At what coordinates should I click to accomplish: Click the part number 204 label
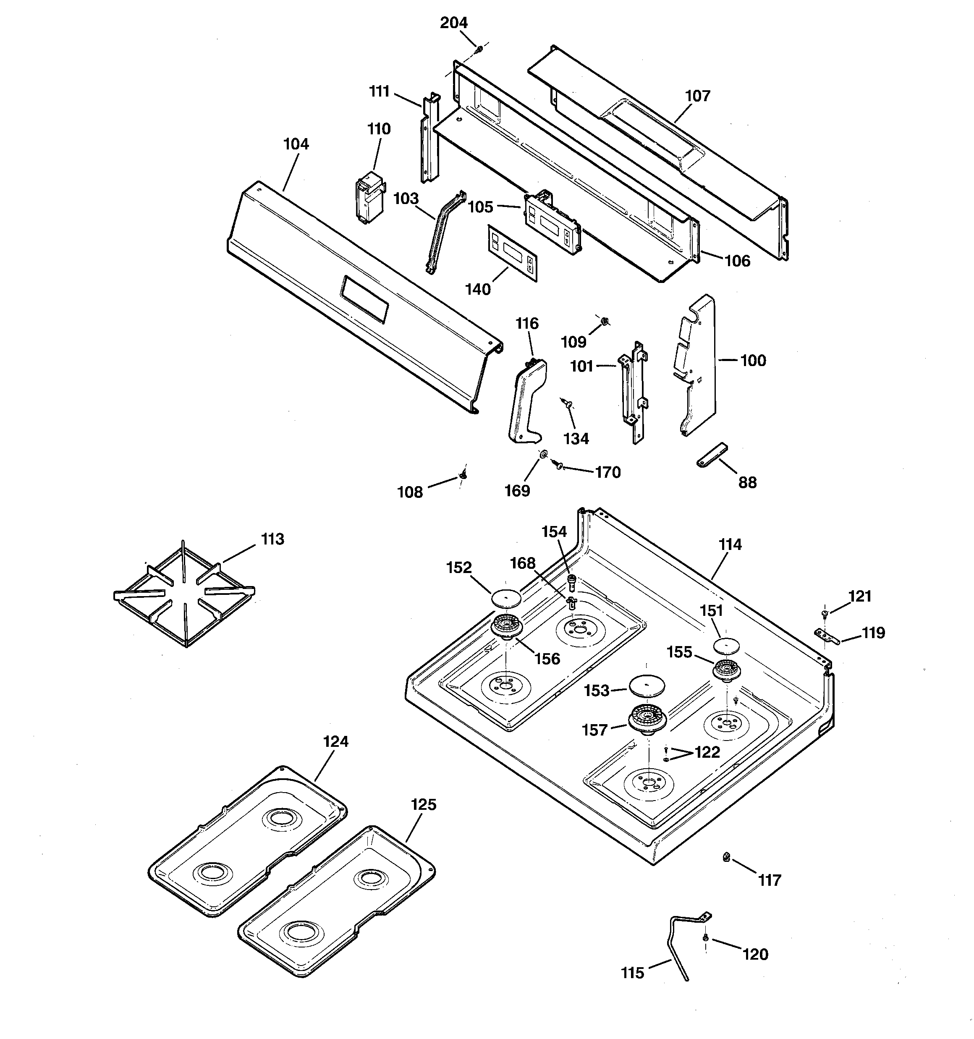(x=453, y=23)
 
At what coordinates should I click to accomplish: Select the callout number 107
(x=697, y=96)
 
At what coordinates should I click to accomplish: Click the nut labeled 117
(x=726, y=857)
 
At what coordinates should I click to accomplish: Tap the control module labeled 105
(x=552, y=223)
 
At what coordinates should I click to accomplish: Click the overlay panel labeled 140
(x=512, y=254)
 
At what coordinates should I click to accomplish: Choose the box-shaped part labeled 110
(x=369, y=200)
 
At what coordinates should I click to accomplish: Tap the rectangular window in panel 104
(x=365, y=298)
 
